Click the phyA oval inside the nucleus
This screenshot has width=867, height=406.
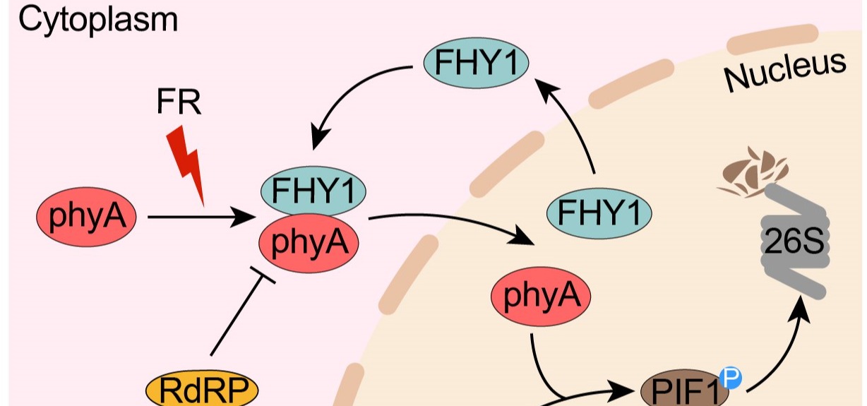point(541,297)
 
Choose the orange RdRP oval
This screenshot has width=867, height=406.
point(202,390)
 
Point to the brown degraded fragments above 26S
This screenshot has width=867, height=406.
point(752,169)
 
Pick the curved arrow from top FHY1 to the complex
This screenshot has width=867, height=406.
point(353,92)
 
